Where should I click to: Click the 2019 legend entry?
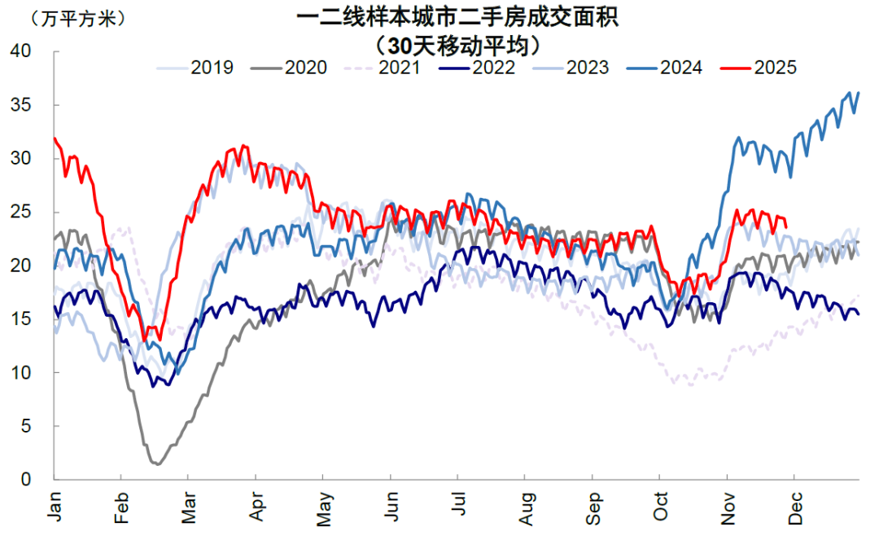coord(195,68)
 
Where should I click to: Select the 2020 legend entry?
coord(289,68)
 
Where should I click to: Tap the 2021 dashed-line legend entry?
coord(383,68)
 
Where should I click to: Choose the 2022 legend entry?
coord(477,68)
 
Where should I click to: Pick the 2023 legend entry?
coord(571,68)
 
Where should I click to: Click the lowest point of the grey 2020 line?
coord(157,464)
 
